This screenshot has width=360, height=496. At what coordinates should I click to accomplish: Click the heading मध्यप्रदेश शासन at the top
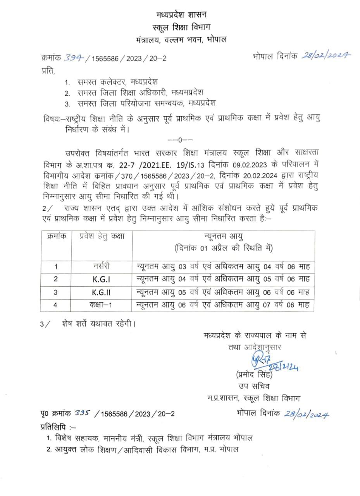click(182, 15)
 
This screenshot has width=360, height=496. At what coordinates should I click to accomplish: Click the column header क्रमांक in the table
click(55, 236)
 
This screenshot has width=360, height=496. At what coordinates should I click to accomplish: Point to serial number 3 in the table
click(55, 292)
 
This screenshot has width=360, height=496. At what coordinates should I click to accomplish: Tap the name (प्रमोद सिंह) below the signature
click(254, 375)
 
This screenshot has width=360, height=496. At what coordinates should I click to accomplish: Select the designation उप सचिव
click(254, 386)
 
